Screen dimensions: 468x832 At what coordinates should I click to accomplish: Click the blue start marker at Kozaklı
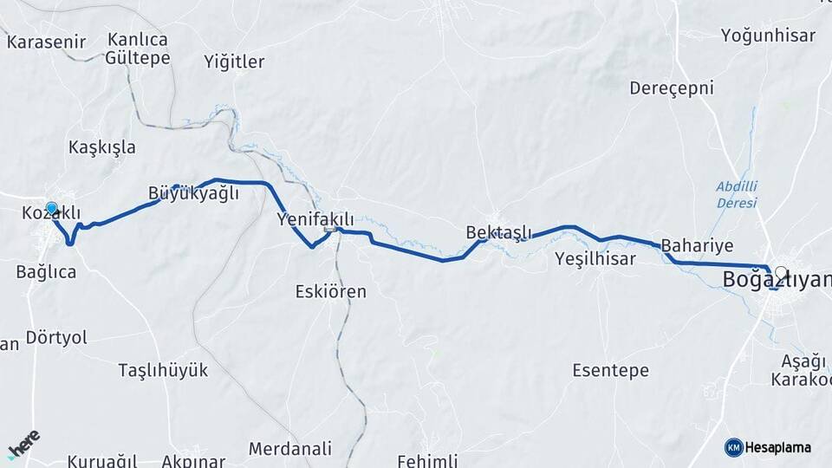(52, 209)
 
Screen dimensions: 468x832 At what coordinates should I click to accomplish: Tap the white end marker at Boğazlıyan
(782, 272)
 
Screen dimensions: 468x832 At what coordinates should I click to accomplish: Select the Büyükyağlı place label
(192, 193)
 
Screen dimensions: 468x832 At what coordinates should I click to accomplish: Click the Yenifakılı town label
(315, 219)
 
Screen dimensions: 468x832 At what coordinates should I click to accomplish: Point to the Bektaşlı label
(497, 232)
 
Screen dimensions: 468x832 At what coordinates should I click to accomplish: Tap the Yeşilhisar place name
(595, 258)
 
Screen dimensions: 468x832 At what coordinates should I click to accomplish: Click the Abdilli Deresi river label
(737, 194)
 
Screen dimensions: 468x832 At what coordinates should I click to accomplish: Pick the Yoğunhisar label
(768, 36)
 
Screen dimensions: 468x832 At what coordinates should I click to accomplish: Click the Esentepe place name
(610, 371)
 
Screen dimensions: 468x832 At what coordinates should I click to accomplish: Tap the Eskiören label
(330, 291)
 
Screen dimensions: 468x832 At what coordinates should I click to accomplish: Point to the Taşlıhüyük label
(163, 371)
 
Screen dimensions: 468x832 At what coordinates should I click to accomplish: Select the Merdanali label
(289, 449)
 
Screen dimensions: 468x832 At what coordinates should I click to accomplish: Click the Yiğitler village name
(234, 62)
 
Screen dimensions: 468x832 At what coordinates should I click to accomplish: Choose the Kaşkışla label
(102, 147)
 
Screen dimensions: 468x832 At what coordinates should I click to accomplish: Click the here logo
(23, 445)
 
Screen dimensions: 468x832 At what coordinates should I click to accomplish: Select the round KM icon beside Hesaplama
(733, 447)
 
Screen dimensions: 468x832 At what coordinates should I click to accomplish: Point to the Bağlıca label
(46, 272)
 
